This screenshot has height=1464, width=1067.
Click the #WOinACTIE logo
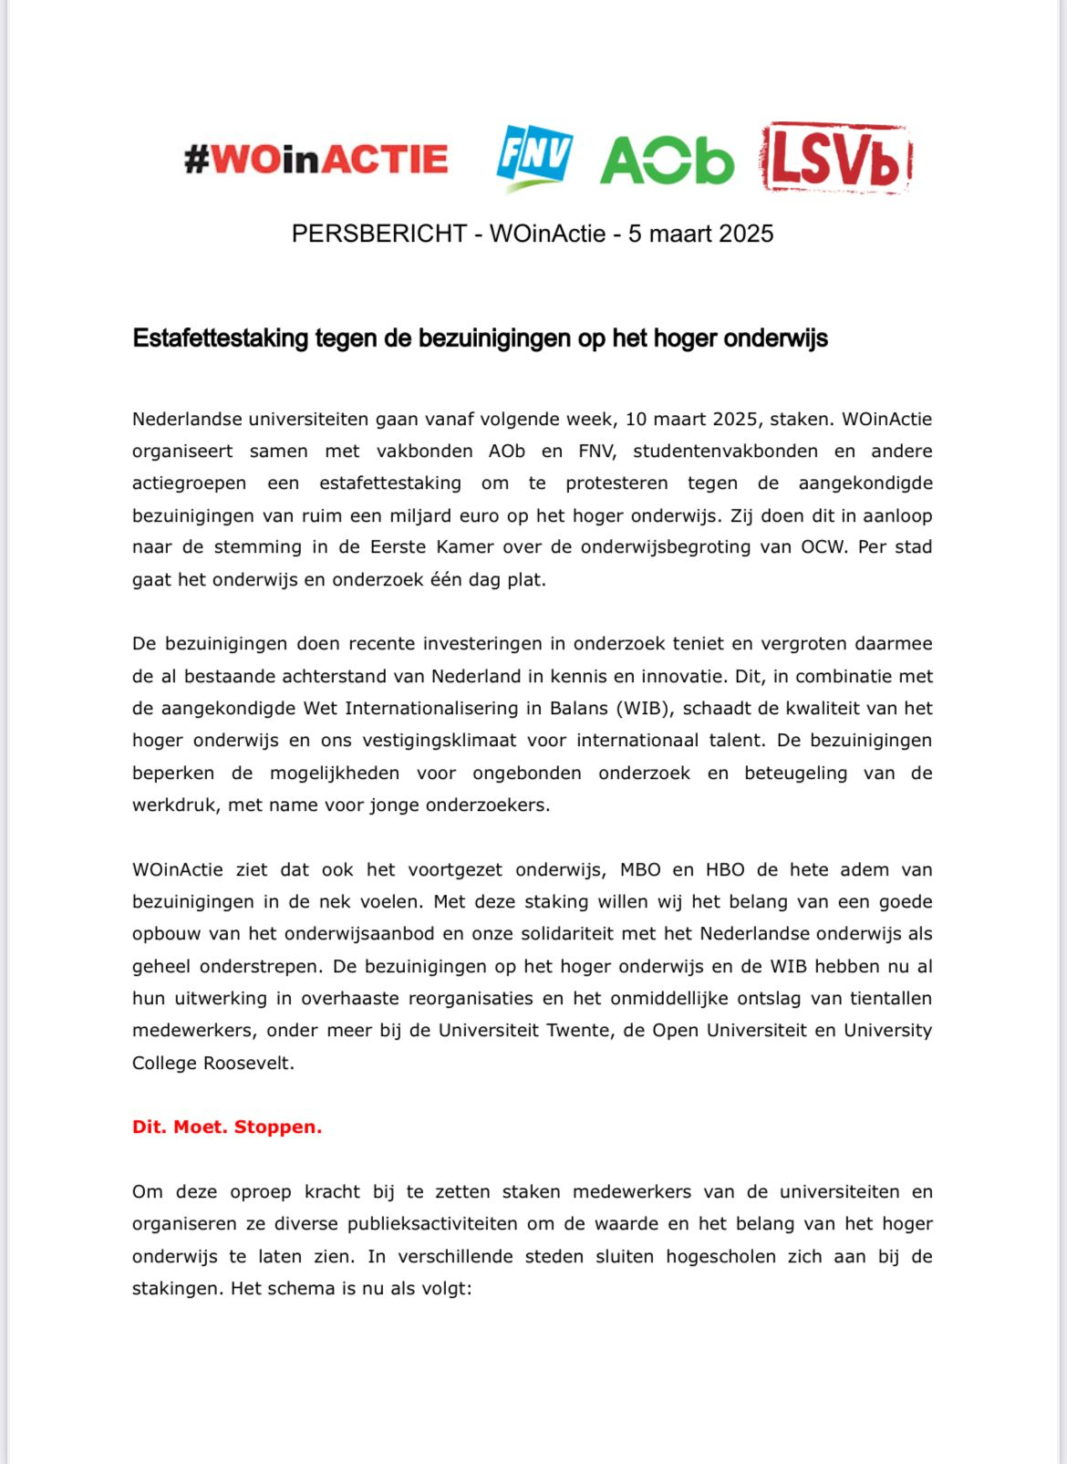[x=316, y=159]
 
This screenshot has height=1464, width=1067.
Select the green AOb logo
[x=667, y=161]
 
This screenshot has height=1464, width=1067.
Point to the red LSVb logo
[x=836, y=159]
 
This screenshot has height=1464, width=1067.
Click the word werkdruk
[x=173, y=805]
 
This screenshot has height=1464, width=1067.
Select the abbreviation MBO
[x=640, y=869]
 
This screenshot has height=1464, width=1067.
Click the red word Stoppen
[x=277, y=1127]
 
